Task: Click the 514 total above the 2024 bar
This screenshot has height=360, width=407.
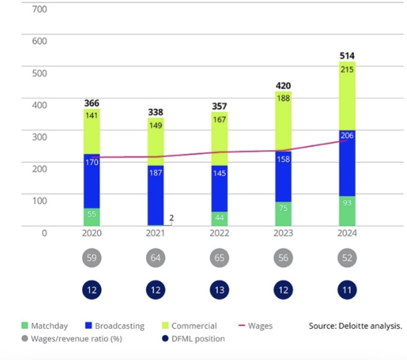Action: pos(347,56)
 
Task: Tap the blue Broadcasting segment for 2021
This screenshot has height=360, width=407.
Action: pos(155,195)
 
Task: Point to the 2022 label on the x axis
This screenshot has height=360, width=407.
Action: pos(219,233)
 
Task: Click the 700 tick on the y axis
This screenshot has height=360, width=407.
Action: pos(40,10)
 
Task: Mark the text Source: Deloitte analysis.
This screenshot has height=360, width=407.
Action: pos(355,326)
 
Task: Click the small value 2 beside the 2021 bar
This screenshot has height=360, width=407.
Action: pos(172,218)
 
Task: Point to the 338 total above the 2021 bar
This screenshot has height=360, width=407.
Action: pos(155,112)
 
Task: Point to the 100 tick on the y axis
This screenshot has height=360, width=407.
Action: pos(40,200)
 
